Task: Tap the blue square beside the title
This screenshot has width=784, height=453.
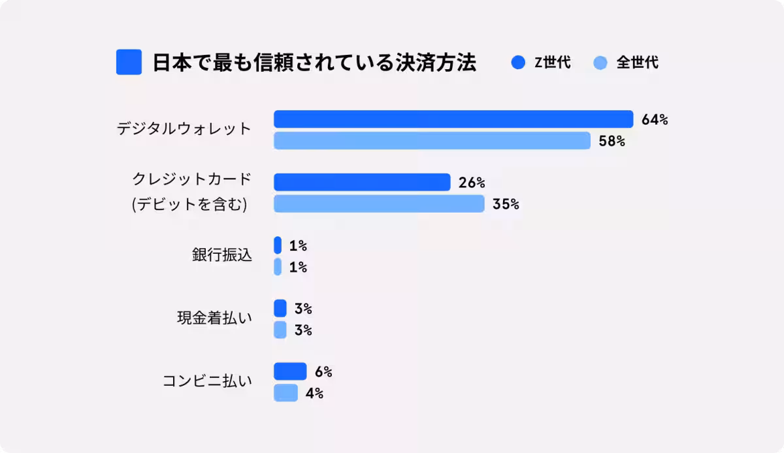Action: click(129, 62)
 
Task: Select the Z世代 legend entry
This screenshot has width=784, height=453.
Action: click(542, 63)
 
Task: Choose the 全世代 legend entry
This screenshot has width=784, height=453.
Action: click(627, 63)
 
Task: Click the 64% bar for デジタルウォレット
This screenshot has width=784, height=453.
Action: click(453, 119)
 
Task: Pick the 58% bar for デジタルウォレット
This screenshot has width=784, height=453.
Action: click(432, 140)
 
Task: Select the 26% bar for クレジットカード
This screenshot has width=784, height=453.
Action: click(362, 182)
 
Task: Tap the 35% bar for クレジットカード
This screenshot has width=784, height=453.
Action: click(379, 204)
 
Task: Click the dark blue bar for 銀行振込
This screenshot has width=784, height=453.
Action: click(278, 245)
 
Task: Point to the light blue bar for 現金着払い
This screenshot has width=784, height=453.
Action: click(280, 330)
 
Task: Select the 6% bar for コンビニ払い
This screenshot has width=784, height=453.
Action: click(289, 371)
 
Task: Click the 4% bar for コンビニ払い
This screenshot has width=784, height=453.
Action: click(286, 393)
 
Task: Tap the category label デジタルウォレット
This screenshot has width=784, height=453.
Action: click(184, 129)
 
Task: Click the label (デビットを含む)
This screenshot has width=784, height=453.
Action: click(189, 204)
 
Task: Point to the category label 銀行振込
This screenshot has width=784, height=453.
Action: click(221, 255)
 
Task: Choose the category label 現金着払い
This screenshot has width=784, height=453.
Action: click(214, 319)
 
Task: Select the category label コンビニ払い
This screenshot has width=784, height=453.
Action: click(207, 382)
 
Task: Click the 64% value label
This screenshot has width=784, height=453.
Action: click(655, 119)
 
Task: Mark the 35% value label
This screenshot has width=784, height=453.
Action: click(506, 204)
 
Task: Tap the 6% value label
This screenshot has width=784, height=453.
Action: click(323, 372)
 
